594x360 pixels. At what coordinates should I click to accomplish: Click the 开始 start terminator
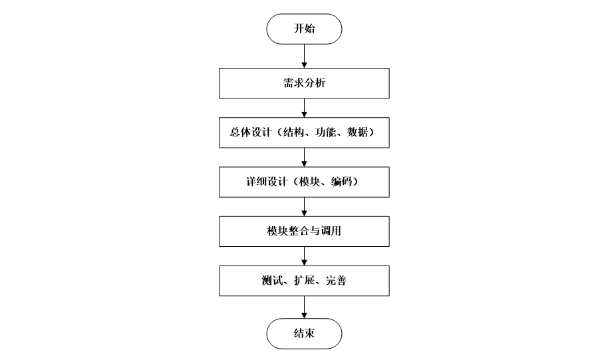(x=304, y=29)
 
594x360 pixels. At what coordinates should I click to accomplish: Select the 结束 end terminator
(x=304, y=333)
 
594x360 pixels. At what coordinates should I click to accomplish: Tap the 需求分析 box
(x=304, y=84)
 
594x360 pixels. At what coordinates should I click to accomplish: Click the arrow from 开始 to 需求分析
(x=304, y=56)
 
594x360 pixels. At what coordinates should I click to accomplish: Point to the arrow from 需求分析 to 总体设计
(x=304, y=107)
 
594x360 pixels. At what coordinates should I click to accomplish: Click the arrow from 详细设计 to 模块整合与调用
(x=304, y=206)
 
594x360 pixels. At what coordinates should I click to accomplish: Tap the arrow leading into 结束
(x=304, y=306)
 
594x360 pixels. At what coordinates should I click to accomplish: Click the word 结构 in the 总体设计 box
(x=293, y=133)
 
